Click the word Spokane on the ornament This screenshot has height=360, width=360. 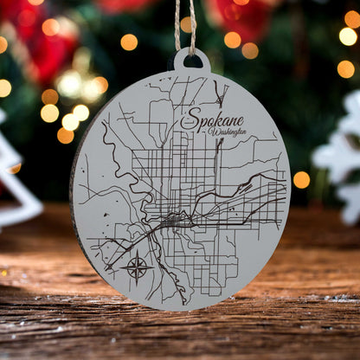pos(213,120)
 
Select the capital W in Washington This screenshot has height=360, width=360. pos(205,134)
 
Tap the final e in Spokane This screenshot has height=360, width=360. pos(240,122)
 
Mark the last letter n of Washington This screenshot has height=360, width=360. pos(244,132)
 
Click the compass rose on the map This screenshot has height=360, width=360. pos(138,266)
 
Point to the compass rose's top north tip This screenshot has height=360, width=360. pos(138,252)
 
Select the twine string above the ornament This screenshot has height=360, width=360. pos(185,22)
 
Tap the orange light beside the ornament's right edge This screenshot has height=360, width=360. pos(301,179)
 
